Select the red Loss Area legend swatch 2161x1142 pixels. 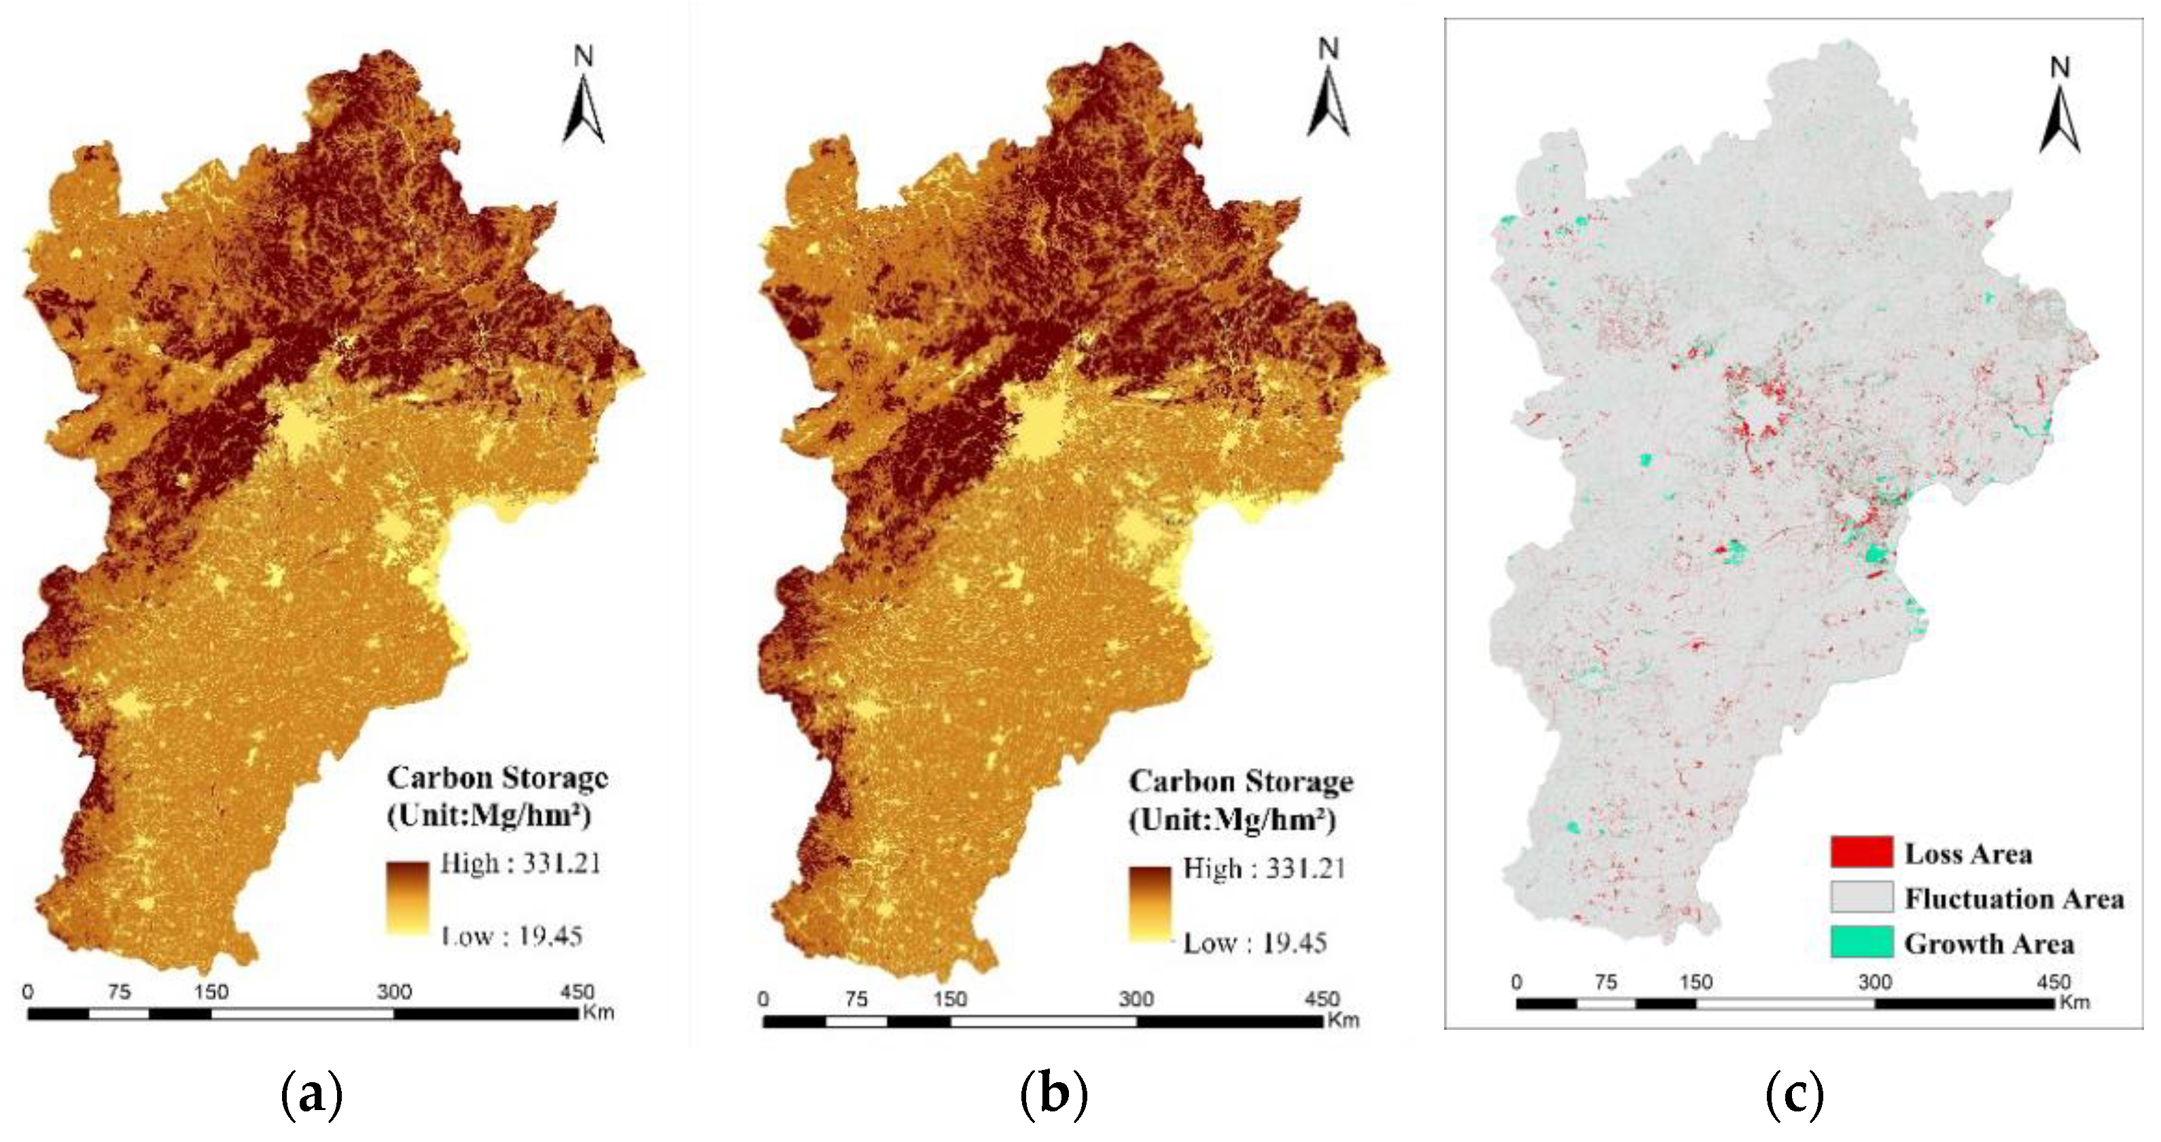pos(1861,852)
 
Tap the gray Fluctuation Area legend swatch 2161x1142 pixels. pos(1861,897)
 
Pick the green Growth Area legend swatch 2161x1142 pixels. pos(1861,942)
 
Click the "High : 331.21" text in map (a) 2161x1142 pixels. pos(520,863)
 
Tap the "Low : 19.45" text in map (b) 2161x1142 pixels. pos(1254,943)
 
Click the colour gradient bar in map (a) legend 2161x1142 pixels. pos(408,897)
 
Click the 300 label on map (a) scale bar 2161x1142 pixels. pos(393,992)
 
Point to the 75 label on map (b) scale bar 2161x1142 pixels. pos(856,999)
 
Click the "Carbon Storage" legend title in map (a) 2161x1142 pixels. pos(497,778)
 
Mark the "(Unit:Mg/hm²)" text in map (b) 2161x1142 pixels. pos(1231,820)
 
